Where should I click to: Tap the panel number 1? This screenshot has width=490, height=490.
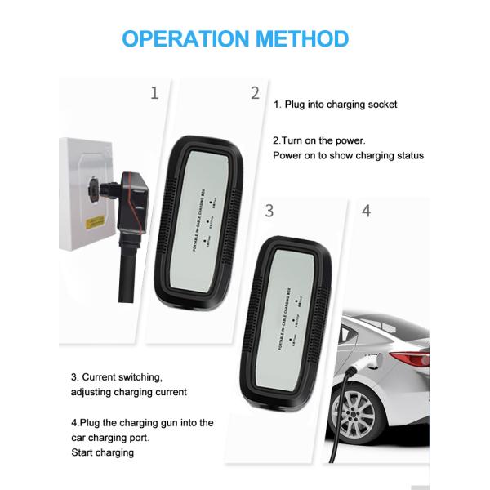[154, 93]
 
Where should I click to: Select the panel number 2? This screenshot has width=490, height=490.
[255, 93]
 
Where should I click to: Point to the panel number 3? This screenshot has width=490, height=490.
[269, 211]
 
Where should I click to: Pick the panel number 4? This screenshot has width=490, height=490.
[366, 211]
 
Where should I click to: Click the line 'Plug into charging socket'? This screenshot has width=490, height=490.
[341, 105]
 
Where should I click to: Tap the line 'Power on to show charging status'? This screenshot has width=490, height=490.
[348, 155]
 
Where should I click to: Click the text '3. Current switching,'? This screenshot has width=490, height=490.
[117, 377]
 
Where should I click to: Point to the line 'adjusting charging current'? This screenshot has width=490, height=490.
[129, 392]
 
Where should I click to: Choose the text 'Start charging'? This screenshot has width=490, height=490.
[103, 452]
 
